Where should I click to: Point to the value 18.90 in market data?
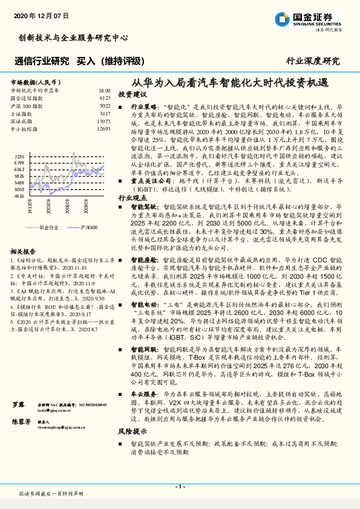(103, 89)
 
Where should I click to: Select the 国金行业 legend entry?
(49, 227)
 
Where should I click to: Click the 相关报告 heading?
(24, 251)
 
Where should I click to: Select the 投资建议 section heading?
(132, 95)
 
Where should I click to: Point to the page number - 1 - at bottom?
(180, 487)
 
